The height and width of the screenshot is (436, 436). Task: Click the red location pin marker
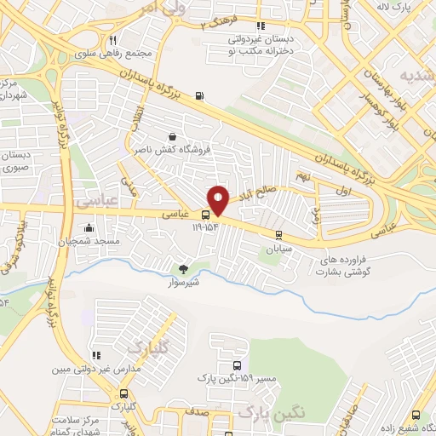(219, 199)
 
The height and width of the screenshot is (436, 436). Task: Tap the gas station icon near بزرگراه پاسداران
(199, 95)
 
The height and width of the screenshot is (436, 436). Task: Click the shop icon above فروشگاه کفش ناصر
(173, 135)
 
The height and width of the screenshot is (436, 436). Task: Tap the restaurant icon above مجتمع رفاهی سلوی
(112, 38)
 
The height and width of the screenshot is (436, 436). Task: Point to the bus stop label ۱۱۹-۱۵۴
(206, 227)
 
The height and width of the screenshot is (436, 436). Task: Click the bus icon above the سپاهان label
(278, 236)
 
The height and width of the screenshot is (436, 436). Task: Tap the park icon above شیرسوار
(182, 268)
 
